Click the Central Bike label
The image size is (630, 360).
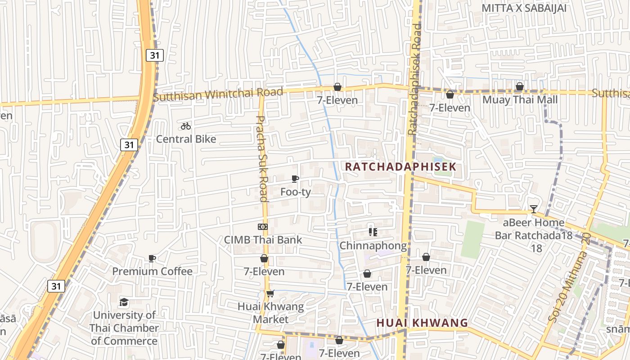tap(186, 139)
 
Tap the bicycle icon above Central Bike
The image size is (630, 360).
tap(186, 126)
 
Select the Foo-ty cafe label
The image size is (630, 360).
tap(296, 192)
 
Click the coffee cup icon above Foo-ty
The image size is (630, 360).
tap(295, 179)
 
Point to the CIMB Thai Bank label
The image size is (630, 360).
tap(263, 240)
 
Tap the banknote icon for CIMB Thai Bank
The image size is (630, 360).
tap(263, 227)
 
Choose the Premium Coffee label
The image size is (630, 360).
tap(152, 271)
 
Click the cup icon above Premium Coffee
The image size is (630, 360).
tap(152, 258)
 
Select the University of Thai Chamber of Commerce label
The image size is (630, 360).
tap(124, 328)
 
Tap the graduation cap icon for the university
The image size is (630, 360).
tap(124, 302)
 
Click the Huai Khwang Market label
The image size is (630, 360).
tap(270, 313)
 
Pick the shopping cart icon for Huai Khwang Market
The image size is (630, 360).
tap(270, 294)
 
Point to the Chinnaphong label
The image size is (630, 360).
tap(373, 246)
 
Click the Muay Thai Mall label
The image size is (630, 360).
tap(520, 99)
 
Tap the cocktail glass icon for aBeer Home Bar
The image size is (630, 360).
tap(534, 209)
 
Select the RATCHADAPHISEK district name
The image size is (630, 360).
tap(400, 166)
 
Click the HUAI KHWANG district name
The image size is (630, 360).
tap(422, 323)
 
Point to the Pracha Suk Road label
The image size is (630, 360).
tap(262, 158)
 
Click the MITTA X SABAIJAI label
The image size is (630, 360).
tap(524, 8)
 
